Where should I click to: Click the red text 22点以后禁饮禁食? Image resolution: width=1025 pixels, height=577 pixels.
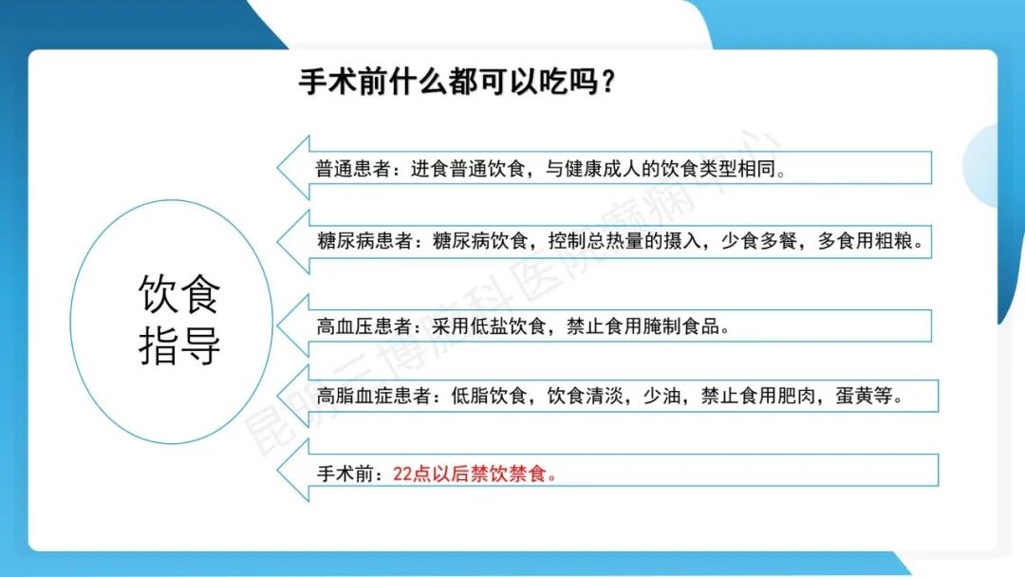click(x=474, y=473)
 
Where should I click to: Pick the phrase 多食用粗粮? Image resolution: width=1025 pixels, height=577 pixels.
click(x=866, y=241)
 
